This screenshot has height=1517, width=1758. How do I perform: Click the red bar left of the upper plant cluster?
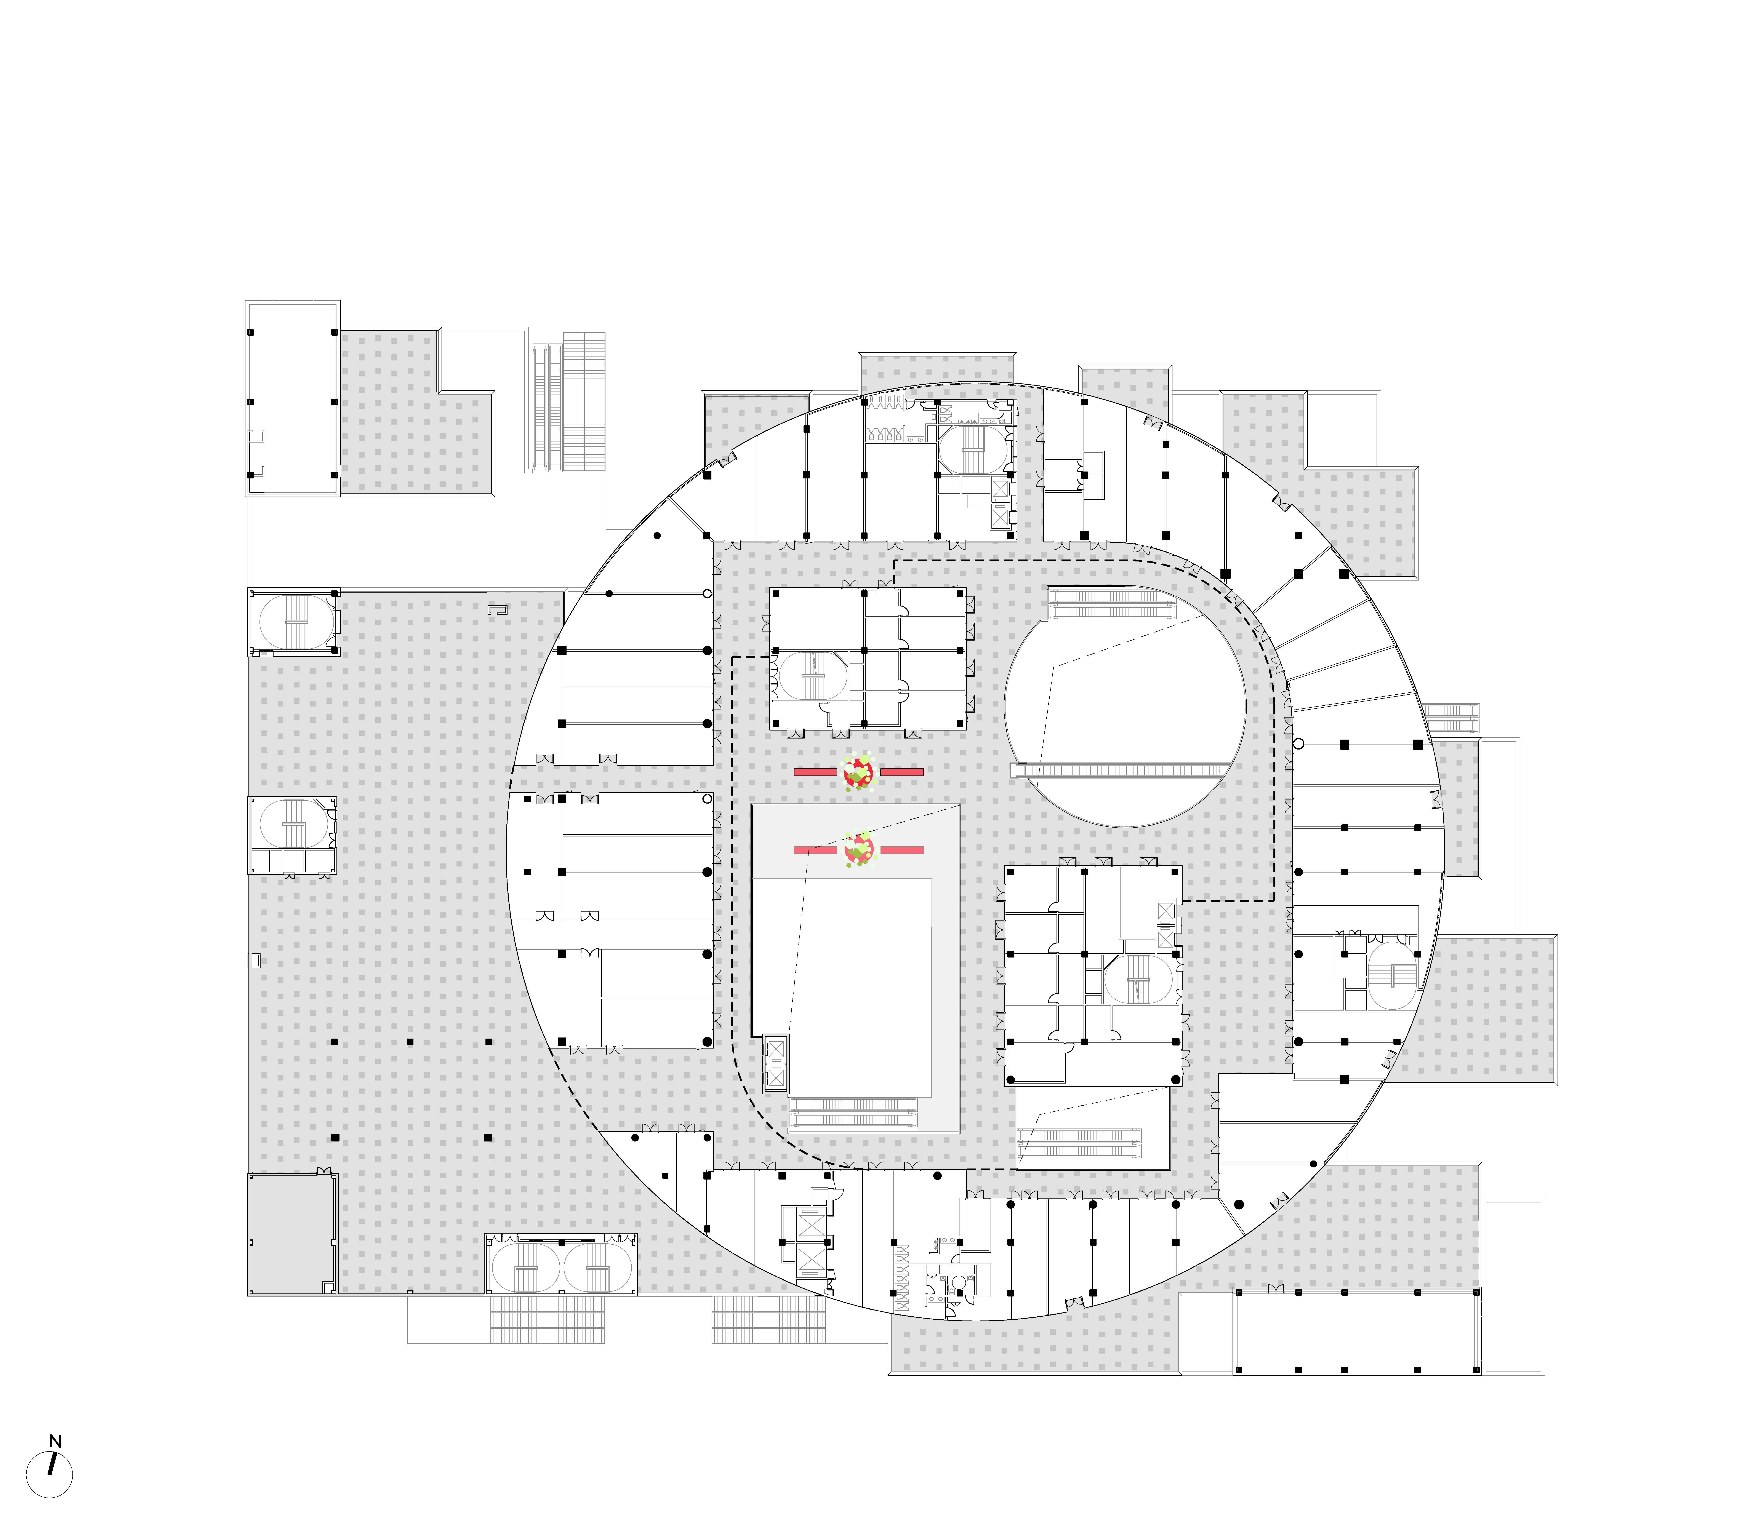pos(815,772)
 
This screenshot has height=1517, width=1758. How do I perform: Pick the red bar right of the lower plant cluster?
pos(902,849)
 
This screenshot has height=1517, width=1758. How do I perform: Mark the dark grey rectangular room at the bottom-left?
pos(291,1234)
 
